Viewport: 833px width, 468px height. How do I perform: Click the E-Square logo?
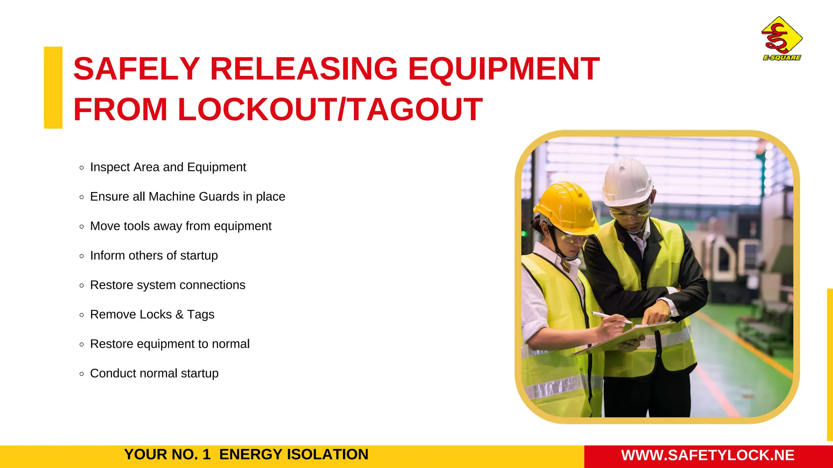782,39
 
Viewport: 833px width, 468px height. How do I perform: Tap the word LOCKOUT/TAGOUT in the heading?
330,110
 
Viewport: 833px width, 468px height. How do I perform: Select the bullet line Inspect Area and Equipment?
168,167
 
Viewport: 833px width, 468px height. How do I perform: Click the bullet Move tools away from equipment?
181,226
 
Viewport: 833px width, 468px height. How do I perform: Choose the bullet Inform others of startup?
154,256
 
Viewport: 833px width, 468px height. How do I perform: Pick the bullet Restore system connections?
168,285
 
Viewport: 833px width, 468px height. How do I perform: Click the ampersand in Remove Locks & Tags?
179,314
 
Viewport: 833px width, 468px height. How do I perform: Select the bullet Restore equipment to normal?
170,344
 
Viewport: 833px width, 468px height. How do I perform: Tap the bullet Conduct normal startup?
154,373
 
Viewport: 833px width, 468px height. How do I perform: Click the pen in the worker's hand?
610,317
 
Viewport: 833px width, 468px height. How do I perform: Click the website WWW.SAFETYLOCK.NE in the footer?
708,455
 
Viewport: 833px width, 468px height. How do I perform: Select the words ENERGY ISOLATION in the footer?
294,455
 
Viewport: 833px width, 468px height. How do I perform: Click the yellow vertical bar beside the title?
53,88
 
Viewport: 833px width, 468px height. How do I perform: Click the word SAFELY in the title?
136,69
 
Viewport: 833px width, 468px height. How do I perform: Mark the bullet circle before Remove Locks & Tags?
82,315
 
